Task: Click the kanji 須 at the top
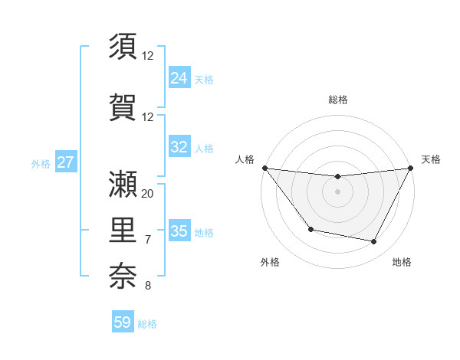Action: (x=123, y=47)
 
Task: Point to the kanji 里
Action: (x=123, y=228)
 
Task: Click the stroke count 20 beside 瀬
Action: (x=148, y=194)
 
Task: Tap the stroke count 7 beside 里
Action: (x=148, y=240)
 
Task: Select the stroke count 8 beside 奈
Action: (x=148, y=286)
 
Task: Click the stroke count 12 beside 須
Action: (x=148, y=55)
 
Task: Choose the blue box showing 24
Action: (x=179, y=77)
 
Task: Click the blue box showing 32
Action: (x=179, y=147)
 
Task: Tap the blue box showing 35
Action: (x=179, y=231)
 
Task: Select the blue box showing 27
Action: (x=65, y=162)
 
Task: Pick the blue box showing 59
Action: (x=123, y=322)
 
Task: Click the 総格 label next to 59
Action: (x=147, y=324)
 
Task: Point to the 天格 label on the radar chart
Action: (x=431, y=159)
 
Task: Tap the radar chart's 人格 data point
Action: (x=264, y=168)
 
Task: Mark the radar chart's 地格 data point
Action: (x=374, y=242)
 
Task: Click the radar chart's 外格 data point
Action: (x=310, y=229)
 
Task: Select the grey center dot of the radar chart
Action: (x=337, y=191)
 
